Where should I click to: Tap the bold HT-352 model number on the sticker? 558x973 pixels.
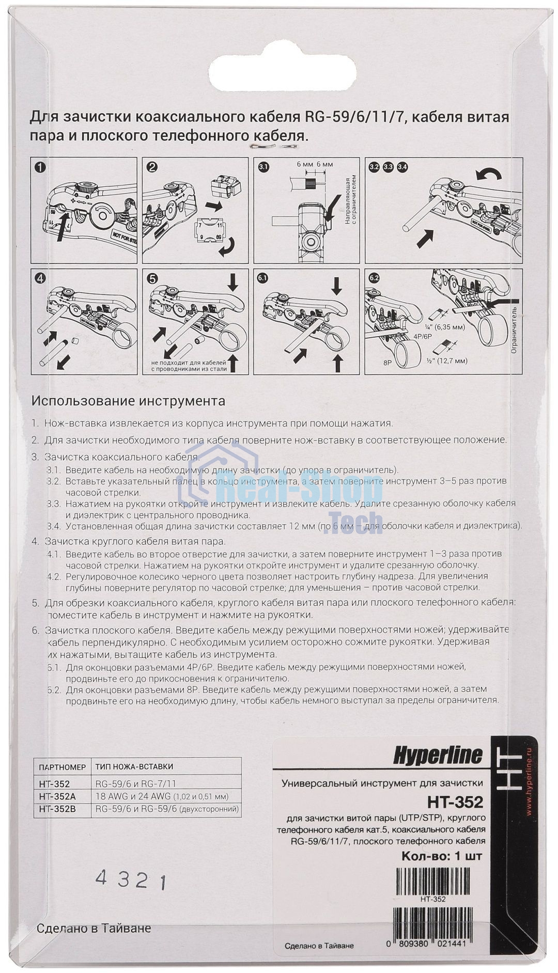[x=455, y=802]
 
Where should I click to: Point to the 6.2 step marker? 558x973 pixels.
[x=374, y=277]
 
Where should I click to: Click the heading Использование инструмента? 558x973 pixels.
[x=128, y=401]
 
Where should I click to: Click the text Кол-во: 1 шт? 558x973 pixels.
[x=442, y=857]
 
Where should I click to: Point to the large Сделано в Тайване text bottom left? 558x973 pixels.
[x=94, y=928]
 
